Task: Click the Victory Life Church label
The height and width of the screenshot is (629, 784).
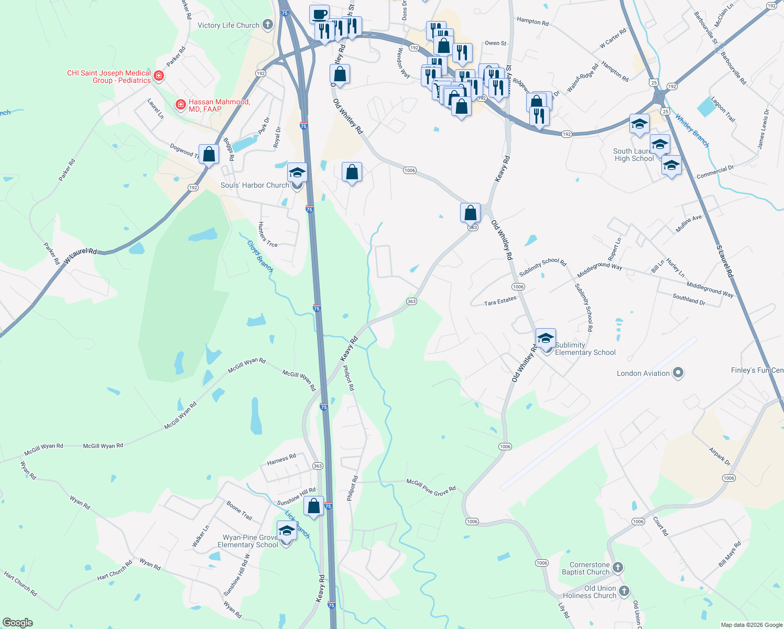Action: coord(228,25)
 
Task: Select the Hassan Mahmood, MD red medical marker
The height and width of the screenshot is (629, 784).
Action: coord(181,105)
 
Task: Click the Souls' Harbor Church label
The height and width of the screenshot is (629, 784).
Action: coord(255,185)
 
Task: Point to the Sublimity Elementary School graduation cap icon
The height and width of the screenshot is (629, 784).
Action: coord(546,338)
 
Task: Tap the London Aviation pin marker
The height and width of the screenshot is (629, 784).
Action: coord(678,373)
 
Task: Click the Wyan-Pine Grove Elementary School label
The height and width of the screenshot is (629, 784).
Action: coord(248,541)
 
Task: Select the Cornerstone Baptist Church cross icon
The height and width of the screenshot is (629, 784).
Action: coord(618,568)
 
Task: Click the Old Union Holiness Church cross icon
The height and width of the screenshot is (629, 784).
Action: coord(624,591)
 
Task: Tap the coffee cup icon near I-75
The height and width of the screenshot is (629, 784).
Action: coord(319,14)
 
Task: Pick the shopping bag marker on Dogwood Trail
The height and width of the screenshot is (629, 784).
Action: coord(209,155)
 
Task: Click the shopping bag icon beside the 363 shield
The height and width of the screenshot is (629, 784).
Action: coord(470,213)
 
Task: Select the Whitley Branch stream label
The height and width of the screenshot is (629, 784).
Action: coord(692,131)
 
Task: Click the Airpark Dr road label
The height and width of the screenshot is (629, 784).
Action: coord(720,456)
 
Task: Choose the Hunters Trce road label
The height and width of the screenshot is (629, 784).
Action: coord(267,234)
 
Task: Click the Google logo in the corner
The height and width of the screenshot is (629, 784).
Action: coord(18,622)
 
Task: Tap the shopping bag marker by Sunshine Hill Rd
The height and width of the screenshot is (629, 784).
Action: coord(313,506)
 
